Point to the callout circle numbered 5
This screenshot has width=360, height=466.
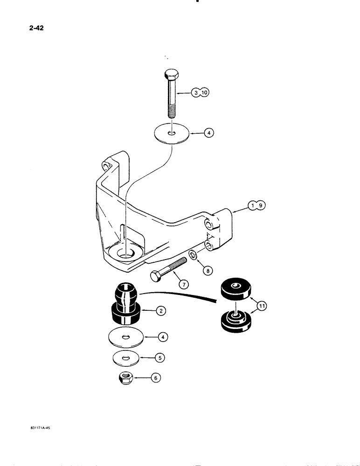pyautogui.click(x=160, y=358)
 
